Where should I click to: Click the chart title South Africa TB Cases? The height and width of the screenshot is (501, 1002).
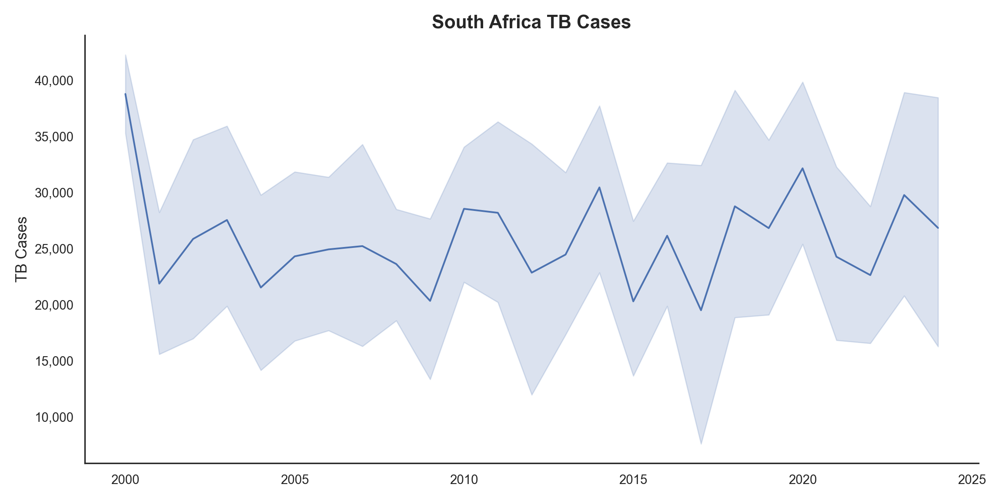(x=531, y=22)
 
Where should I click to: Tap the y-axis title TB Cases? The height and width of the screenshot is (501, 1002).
(x=21, y=249)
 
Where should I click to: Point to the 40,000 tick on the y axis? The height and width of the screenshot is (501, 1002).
(x=54, y=81)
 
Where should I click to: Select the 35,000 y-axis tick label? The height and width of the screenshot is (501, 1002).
(x=54, y=137)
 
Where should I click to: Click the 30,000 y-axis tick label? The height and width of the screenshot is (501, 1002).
(x=54, y=193)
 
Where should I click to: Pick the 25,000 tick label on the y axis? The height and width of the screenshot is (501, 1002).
(x=54, y=249)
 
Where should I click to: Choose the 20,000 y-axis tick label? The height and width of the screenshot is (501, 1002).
(x=54, y=305)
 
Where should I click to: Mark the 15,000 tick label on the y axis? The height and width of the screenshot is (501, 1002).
(x=54, y=361)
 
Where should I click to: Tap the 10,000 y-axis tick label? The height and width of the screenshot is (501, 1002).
(x=54, y=417)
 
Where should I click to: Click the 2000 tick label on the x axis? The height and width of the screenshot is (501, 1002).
(x=125, y=480)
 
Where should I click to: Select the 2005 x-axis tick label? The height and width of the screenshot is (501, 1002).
(x=295, y=480)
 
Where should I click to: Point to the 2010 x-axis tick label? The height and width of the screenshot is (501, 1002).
(x=464, y=480)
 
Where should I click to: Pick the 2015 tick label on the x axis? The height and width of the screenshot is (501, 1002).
(x=633, y=480)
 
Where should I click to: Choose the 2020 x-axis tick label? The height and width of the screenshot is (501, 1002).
(x=803, y=480)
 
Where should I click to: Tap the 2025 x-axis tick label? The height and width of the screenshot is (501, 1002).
(x=972, y=480)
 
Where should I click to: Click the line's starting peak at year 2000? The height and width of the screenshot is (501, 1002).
(x=125, y=94)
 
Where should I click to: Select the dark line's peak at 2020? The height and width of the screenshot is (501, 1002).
(x=803, y=168)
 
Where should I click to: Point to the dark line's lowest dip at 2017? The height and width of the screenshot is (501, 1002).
(x=701, y=310)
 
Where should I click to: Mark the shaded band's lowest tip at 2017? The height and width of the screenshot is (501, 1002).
(x=701, y=444)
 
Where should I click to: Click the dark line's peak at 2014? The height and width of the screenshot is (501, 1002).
(x=599, y=187)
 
